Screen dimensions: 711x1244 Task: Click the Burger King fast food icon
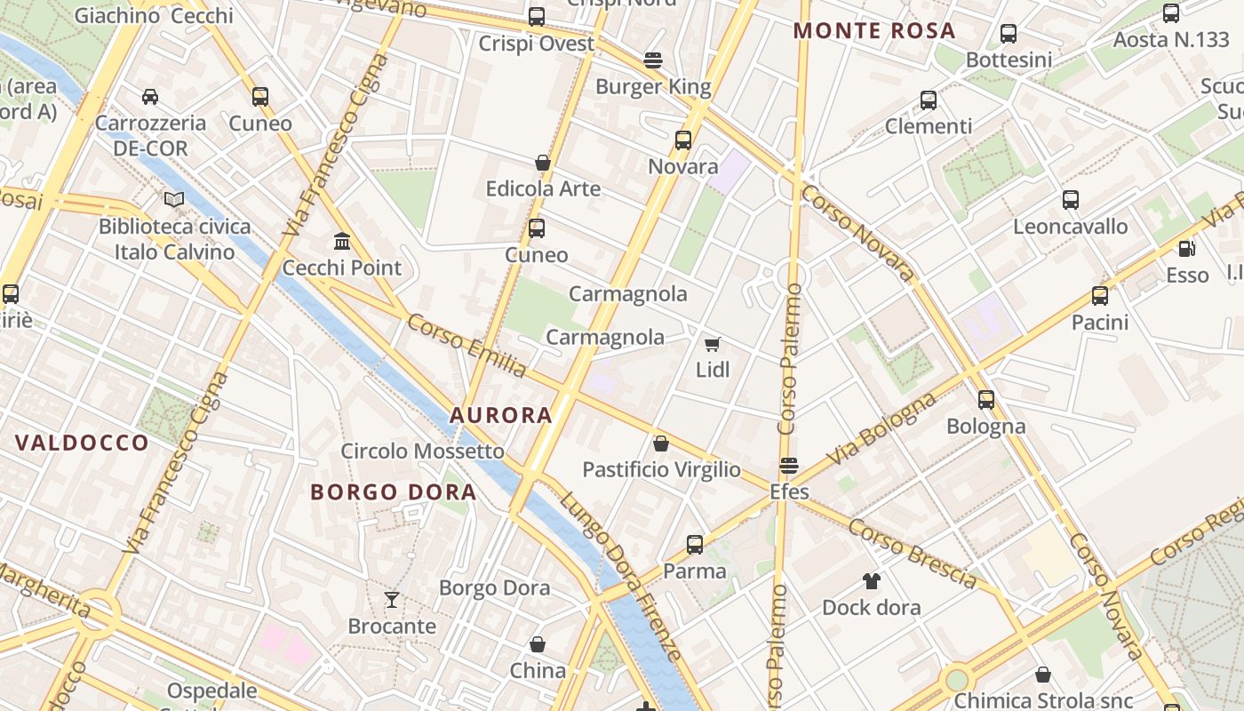(x=653, y=60)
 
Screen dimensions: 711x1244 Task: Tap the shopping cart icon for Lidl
(x=712, y=344)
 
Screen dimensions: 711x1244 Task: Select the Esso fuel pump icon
(x=1186, y=249)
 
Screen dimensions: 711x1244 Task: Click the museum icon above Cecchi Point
(x=342, y=241)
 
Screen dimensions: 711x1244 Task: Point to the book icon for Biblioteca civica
(x=174, y=199)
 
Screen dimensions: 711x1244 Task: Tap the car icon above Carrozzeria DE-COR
(x=150, y=97)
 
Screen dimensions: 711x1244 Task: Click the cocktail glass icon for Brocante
(x=392, y=600)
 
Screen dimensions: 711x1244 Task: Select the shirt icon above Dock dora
(x=871, y=581)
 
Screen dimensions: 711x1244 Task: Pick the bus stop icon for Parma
(x=695, y=544)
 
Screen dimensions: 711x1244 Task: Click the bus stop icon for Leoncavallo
(x=1071, y=200)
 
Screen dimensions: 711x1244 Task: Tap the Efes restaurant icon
(x=788, y=466)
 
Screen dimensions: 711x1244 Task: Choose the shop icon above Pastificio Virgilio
(x=661, y=443)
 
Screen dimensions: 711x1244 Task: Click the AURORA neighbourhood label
(x=501, y=415)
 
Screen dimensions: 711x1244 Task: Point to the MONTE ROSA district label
(x=874, y=31)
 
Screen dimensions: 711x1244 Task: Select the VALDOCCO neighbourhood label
(x=82, y=443)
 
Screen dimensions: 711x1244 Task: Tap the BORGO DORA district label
(x=393, y=491)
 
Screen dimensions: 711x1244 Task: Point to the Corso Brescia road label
(x=912, y=553)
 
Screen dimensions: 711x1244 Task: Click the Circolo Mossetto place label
(x=423, y=451)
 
